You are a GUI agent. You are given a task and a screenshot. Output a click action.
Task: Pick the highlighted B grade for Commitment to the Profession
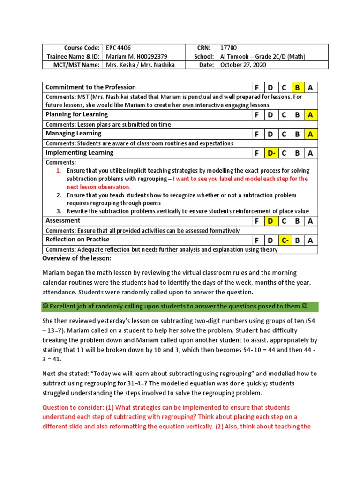297,88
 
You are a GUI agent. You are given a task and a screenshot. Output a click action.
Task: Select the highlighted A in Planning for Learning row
310,115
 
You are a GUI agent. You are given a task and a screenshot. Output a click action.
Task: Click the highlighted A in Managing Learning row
310,134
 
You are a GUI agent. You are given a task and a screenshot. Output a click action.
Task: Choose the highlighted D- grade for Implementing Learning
271,153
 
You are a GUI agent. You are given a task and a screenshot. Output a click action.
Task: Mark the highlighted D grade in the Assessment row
270,221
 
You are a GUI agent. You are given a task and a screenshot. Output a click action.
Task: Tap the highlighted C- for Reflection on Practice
284,240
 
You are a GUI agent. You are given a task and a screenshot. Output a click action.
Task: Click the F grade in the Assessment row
257,221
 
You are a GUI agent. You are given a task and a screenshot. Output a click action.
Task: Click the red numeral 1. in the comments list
59,171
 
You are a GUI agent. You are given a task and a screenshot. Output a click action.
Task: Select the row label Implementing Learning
79,153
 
